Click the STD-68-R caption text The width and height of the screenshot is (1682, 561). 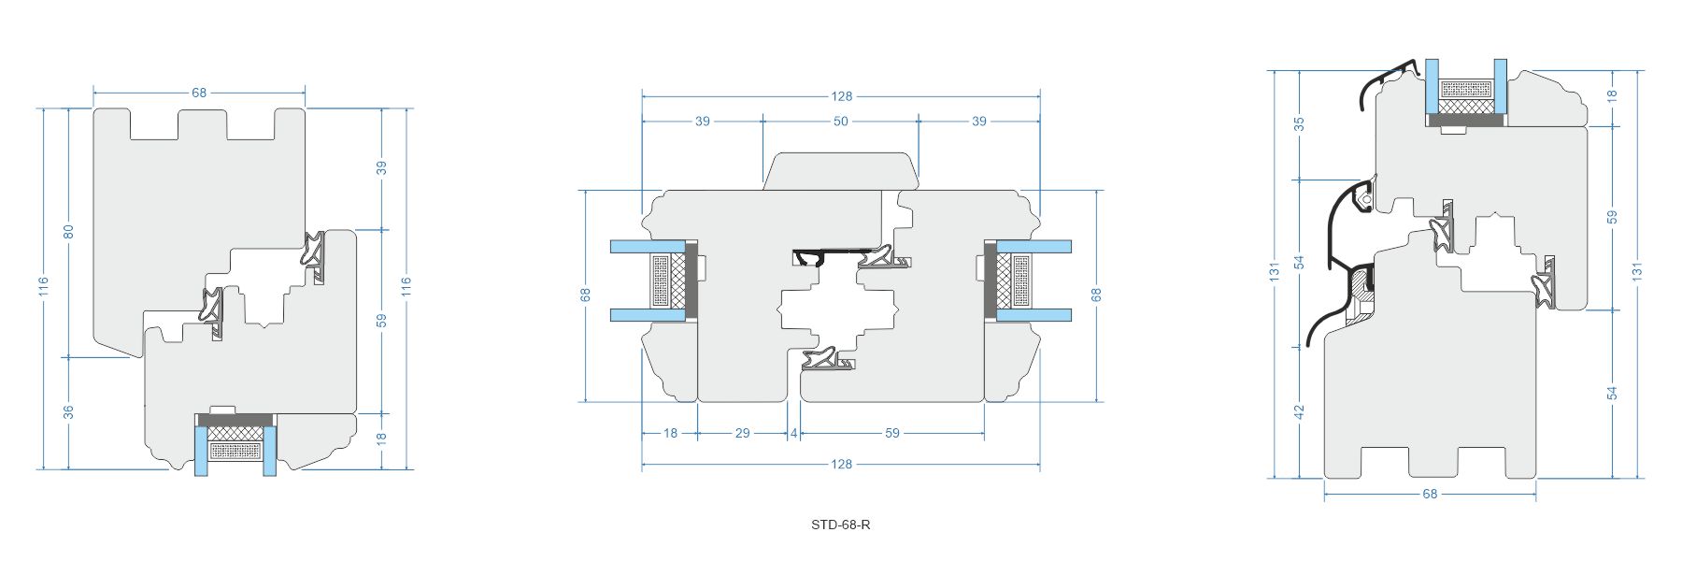[x=840, y=525]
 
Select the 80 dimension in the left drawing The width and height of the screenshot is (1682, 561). [x=68, y=231]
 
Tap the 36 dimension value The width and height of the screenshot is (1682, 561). [x=68, y=411]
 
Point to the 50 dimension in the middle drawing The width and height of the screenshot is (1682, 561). [x=840, y=122]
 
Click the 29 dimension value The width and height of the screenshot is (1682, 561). [x=742, y=433]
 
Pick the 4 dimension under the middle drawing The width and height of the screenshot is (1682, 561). [x=794, y=433]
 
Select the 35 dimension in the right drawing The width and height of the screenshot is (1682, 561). [x=1299, y=123]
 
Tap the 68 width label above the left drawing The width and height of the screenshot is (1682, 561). [x=199, y=93]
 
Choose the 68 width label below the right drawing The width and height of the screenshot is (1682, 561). [x=1430, y=494]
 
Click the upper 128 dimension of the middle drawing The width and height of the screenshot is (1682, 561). [x=841, y=96]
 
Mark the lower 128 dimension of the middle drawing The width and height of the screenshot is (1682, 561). [x=841, y=464]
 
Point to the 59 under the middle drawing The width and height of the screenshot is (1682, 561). [x=892, y=433]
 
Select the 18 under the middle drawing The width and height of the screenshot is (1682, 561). [x=670, y=433]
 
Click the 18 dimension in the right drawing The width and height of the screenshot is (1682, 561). [x=1612, y=94]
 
